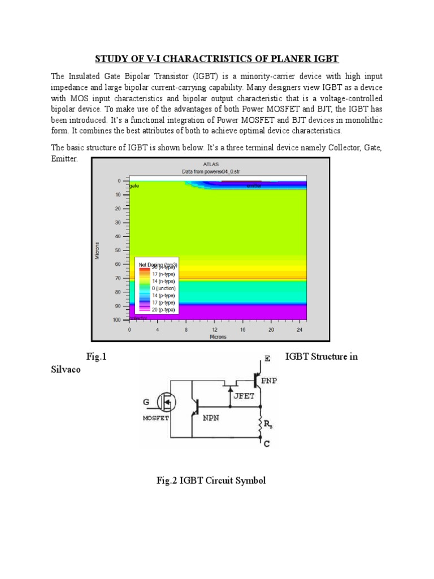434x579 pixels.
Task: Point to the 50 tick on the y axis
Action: [x=118, y=250]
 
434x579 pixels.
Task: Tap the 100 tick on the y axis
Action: [x=116, y=320]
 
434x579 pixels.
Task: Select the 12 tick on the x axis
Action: [x=214, y=329]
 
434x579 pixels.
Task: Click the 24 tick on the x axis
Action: [x=299, y=329]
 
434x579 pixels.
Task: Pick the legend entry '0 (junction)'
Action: [x=164, y=288]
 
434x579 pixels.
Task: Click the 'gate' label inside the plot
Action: [x=134, y=185]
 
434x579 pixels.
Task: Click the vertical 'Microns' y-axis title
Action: [x=97, y=250]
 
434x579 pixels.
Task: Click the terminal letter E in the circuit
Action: [x=267, y=358]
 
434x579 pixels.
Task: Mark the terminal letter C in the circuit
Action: [x=266, y=444]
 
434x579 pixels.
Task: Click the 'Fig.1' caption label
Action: [x=97, y=357]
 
